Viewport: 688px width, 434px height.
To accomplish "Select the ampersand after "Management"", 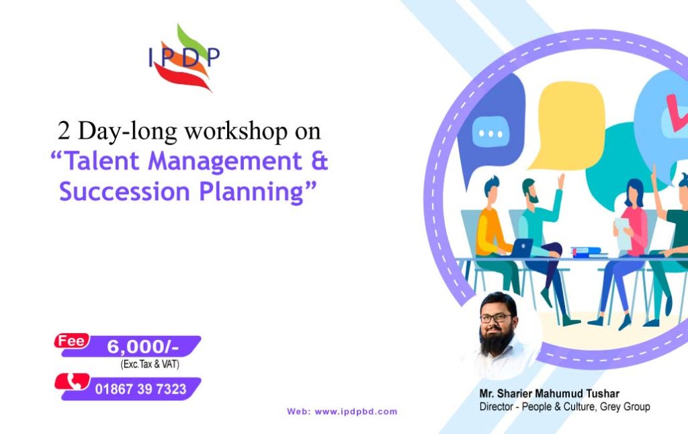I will tap(316, 162).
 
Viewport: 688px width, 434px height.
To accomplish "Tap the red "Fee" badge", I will tap(71, 341).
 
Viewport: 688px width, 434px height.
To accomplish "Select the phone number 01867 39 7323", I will tap(140, 389).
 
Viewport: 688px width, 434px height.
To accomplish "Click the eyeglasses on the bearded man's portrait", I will tap(496, 318).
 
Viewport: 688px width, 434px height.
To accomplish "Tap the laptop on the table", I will tap(521, 248).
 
